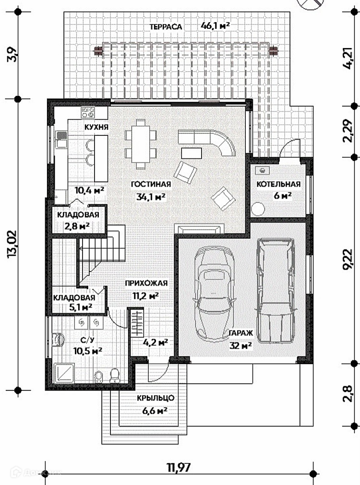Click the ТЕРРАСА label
tap(166, 26)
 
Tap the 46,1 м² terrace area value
tap(216, 25)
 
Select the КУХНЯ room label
tap(96, 127)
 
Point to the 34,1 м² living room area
tap(151, 196)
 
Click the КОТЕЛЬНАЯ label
tap(278, 184)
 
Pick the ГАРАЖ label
tap(241, 333)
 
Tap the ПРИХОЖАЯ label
tap(146, 283)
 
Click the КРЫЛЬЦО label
tap(156, 398)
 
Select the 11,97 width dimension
tap(179, 467)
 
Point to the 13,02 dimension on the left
tap(12, 244)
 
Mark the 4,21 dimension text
tap(348, 58)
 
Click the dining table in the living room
tap(141, 144)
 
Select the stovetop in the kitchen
tap(88, 112)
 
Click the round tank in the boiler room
tap(258, 209)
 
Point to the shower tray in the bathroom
tap(64, 374)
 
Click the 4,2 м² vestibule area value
tap(156, 343)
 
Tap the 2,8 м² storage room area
tap(77, 226)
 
